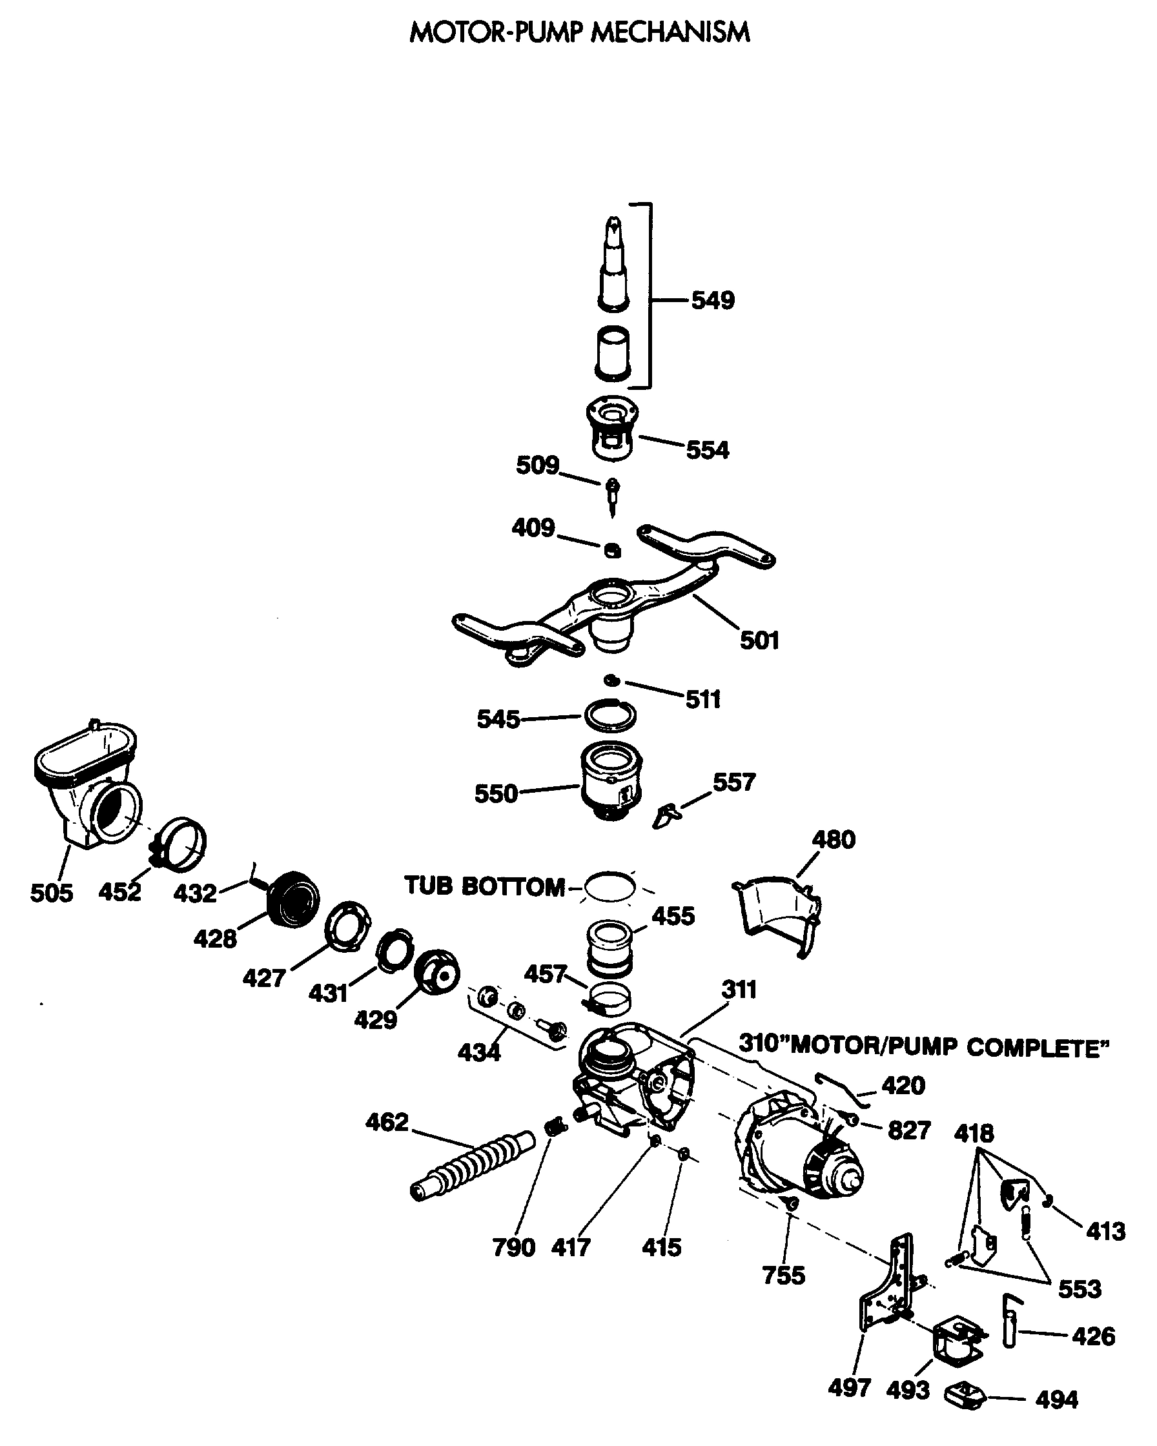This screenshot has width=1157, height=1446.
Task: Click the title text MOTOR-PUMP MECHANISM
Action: click(x=580, y=32)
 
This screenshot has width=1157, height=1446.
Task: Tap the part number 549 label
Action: click(x=713, y=300)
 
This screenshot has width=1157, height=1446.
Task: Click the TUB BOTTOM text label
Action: click(x=484, y=887)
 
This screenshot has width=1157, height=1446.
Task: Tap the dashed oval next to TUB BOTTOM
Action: click(x=609, y=887)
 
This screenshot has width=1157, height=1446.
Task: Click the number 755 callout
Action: click(x=783, y=1276)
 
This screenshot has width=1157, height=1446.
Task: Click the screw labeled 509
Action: click(x=612, y=494)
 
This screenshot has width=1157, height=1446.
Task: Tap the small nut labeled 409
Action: click(x=612, y=550)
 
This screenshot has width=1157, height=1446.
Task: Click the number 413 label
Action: click(x=1106, y=1232)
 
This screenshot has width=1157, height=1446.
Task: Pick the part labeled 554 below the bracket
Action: click(x=611, y=429)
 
